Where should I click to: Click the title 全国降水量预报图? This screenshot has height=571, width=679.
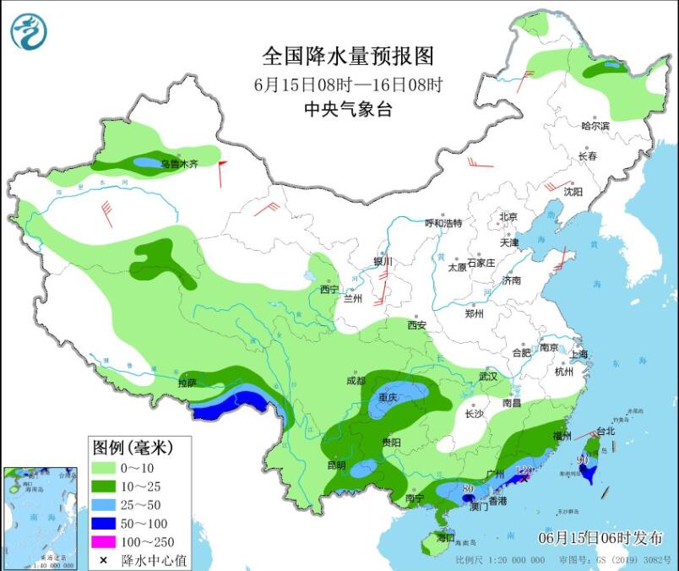coord(348,57)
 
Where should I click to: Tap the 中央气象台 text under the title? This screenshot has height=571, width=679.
coord(348,110)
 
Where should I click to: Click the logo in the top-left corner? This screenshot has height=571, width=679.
coord(28,31)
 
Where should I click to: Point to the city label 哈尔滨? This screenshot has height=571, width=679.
coord(595,126)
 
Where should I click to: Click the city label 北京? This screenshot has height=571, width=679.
coord(508,216)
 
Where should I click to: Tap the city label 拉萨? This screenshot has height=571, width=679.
coord(187,383)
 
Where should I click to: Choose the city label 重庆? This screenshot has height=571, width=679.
coord(389,397)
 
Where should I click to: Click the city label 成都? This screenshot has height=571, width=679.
coord(356,380)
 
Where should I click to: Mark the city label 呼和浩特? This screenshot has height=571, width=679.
coord(443,223)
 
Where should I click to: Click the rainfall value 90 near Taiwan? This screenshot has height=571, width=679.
coord(583,460)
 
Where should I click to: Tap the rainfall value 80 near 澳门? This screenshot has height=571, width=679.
coord(468,488)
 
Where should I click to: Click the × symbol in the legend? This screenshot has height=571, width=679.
coord(106,560)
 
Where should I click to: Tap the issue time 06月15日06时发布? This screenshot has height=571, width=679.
coord(600,538)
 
